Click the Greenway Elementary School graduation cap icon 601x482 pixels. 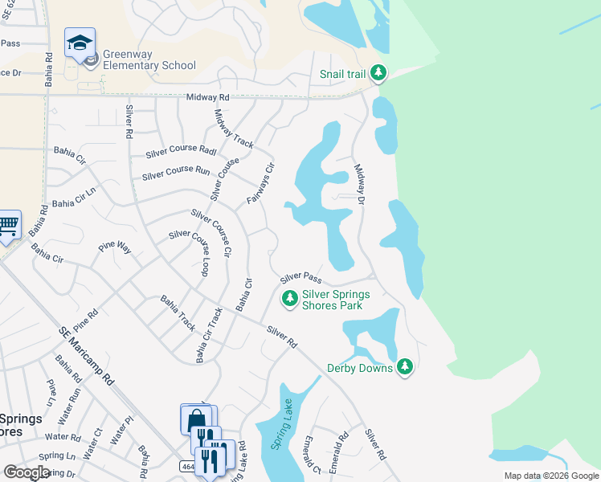click(x=80, y=43)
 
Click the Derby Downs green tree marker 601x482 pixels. click(x=405, y=367)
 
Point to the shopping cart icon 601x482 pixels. click(x=7, y=226)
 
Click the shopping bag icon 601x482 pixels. click(x=195, y=420)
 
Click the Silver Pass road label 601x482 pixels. click(x=301, y=278)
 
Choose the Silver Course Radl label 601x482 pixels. click(x=182, y=153)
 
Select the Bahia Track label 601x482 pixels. click(x=178, y=313)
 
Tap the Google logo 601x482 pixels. click(x=27, y=472)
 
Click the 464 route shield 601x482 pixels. click(x=186, y=467)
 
